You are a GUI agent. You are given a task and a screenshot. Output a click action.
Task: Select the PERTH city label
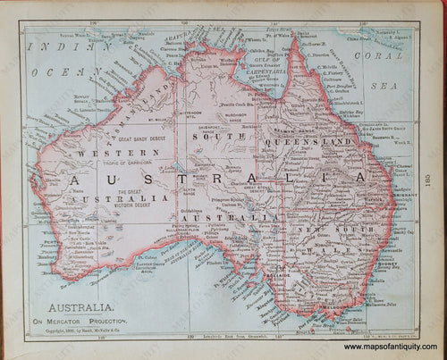pyautogui.click(x=46, y=242)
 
